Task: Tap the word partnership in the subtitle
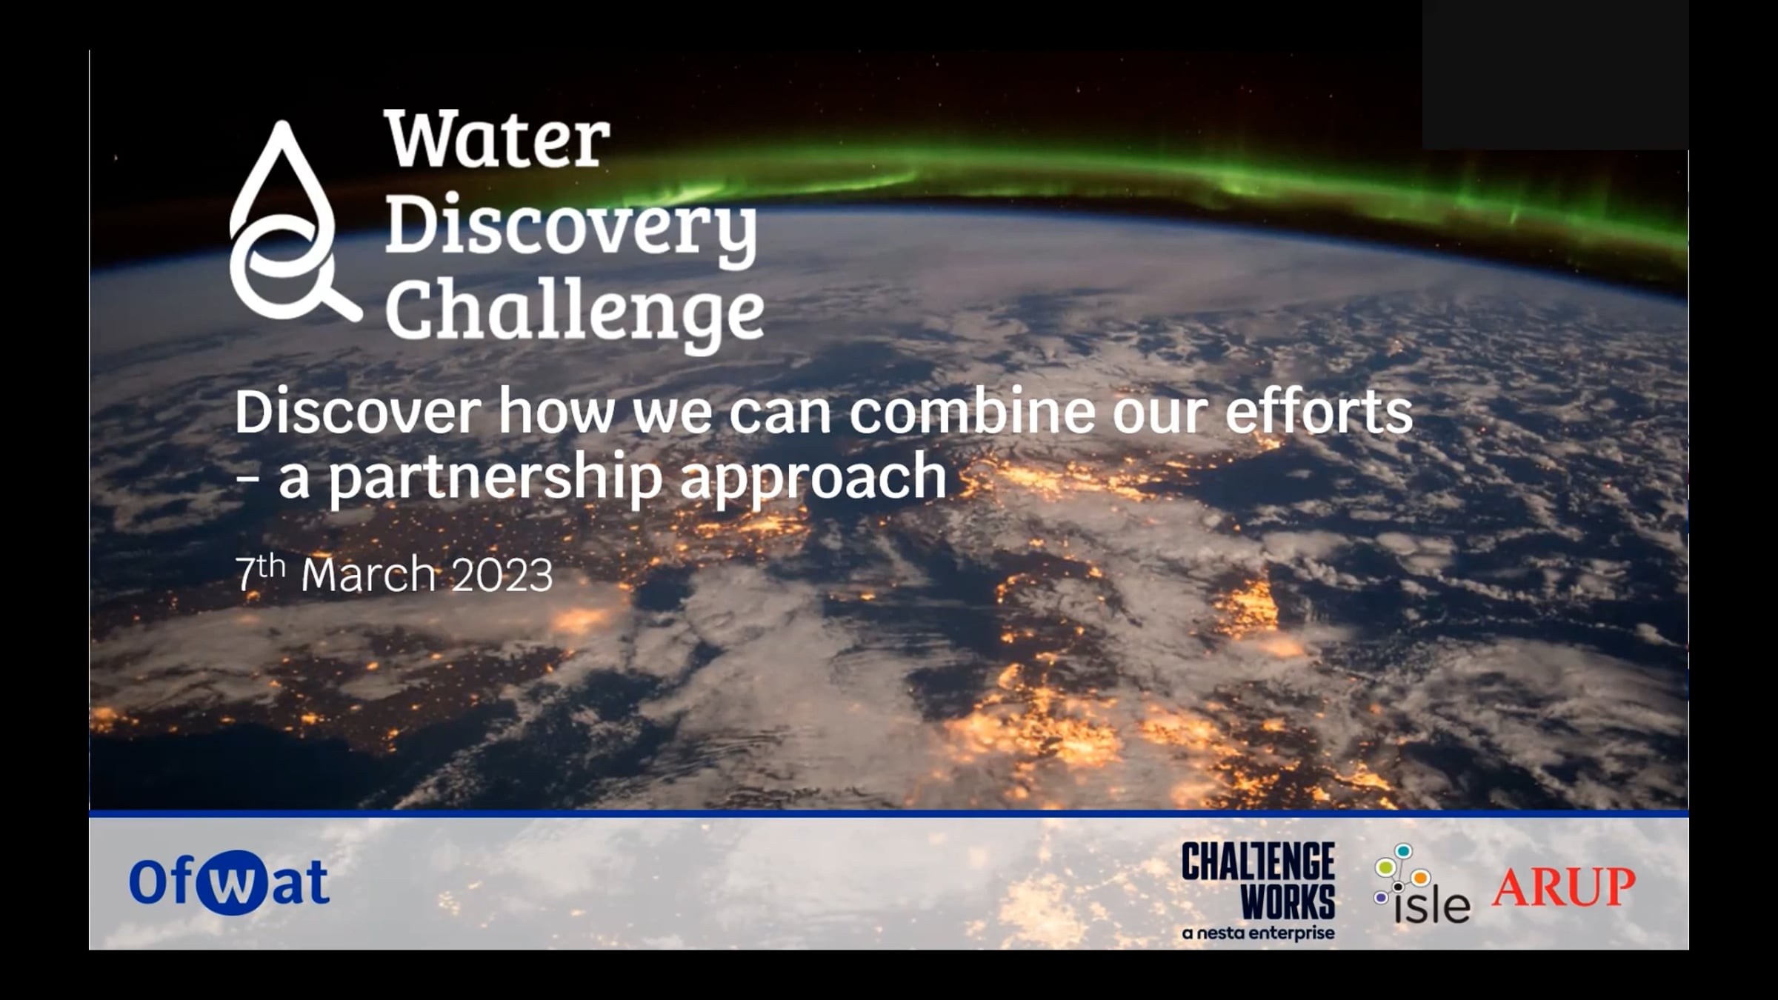495,477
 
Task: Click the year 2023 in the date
502,575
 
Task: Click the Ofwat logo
229,882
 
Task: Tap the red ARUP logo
1563,887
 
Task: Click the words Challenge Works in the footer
1259,881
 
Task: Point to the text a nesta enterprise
1259,933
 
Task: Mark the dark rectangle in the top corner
1555,74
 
